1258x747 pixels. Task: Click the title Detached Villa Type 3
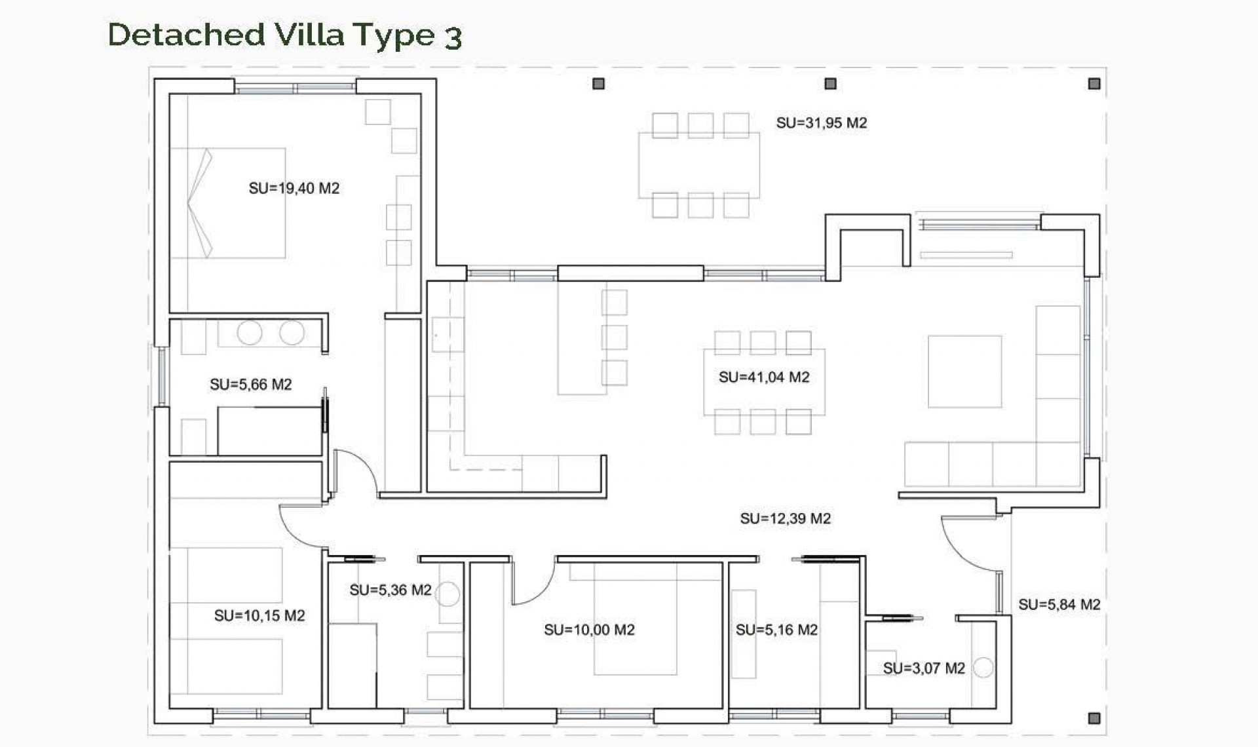click(x=284, y=35)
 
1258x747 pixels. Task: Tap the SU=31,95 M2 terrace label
click(x=821, y=123)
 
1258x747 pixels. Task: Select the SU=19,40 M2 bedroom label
click(x=294, y=189)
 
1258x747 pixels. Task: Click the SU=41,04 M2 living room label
click(x=764, y=377)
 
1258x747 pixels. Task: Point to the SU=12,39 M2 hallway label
click(x=785, y=519)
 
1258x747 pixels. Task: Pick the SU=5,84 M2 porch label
click(x=1059, y=605)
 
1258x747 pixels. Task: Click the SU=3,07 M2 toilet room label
click(x=923, y=668)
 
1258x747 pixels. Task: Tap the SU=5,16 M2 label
click(x=776, y=630)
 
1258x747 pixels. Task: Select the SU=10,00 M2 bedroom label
click(x=589, y=630)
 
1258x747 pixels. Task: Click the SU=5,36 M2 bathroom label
click(x=391, y=590)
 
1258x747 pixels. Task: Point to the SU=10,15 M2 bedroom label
click(x=259, y=616)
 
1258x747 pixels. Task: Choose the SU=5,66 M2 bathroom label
click(x=250, y=385)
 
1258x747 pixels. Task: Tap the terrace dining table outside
click(x=699, y=165)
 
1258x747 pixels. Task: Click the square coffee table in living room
click(x=964, y=372)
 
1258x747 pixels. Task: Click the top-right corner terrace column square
click(x=1094, y=84)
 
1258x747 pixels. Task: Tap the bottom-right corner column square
click(x=1094, y=718)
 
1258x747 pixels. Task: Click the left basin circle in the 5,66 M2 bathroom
click(x=250, y=333)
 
